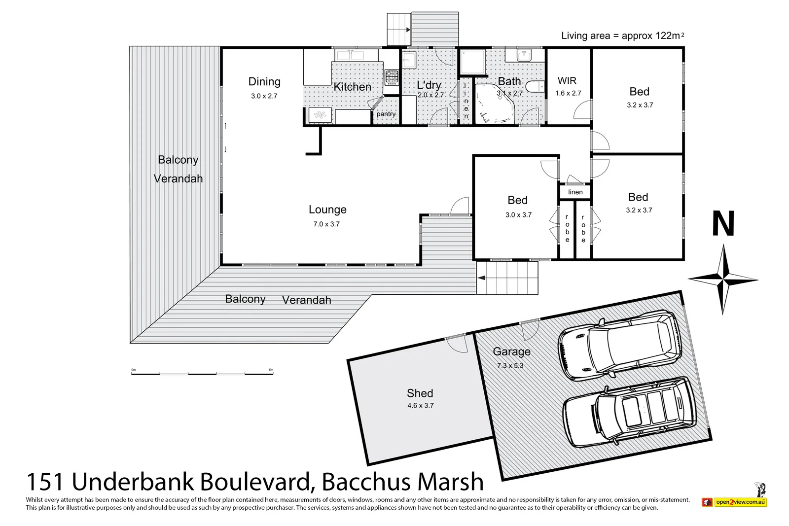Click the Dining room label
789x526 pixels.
[x=264, y=82]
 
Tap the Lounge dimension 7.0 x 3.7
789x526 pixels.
[x=326, y=224]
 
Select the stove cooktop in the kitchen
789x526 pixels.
[x=392, y=76]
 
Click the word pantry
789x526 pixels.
[x=386, y=114]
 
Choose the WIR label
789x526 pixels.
[x=567, y=81]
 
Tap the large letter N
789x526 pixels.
[x=723, y=224]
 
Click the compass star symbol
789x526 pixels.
[x=722, y=280]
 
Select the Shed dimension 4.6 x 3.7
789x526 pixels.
[x=420, y=406]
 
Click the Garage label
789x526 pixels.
[x=512, y=351]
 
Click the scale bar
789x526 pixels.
[x=202, y=373]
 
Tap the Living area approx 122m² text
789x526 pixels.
[x=622, y=36]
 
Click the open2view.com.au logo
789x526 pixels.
[x=740, y=502]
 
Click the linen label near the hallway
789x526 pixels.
[x=575, y=192]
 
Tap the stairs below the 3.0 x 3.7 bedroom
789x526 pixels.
[x=507, y=278]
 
